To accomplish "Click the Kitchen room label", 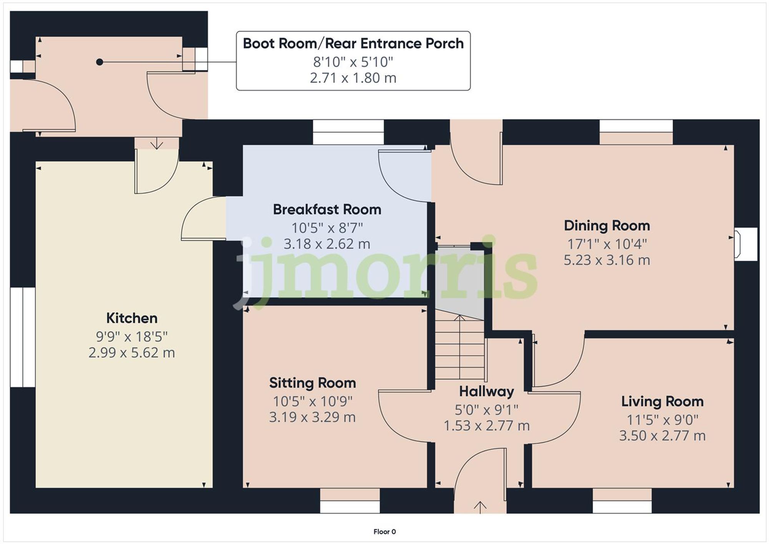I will pos(131,318).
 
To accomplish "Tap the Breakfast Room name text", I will pos(327,210).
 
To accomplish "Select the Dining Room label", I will pos(607,226).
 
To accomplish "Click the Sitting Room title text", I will pos(312,383).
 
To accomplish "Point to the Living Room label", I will pos(662,402).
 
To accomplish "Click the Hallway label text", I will pos(486,392).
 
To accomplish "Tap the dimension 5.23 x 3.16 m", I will pos(607,260).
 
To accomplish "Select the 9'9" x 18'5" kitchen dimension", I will pos(131,337).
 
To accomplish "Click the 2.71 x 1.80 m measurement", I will pos(353,78).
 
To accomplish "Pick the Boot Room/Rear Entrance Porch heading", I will pos(353,43).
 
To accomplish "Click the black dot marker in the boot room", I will pos(100,62).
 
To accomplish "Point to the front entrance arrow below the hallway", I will pos(480,507).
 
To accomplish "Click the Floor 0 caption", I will pos(384,532).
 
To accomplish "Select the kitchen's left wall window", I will pos(22,337).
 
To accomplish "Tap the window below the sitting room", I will pos(350,501).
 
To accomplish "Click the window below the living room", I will pos(622,501).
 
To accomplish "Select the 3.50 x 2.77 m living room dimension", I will pos(662,436).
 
